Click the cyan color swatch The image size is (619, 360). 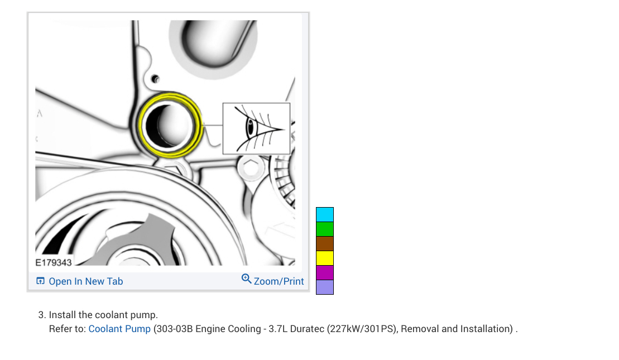(x=324, y=215)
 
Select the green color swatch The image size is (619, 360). (x=324, y=229)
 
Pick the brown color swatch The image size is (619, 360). (x=324, y=243)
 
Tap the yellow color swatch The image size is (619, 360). (x=324, y=258)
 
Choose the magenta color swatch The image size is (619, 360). (x=324, y=273)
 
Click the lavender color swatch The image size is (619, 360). (x=324, y=287)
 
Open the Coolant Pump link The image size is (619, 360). (x=119, y=329)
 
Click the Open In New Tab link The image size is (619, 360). (x=85, y=281)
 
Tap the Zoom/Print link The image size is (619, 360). (x=279, y=281)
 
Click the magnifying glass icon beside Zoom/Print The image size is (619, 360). (x=246, y=279)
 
